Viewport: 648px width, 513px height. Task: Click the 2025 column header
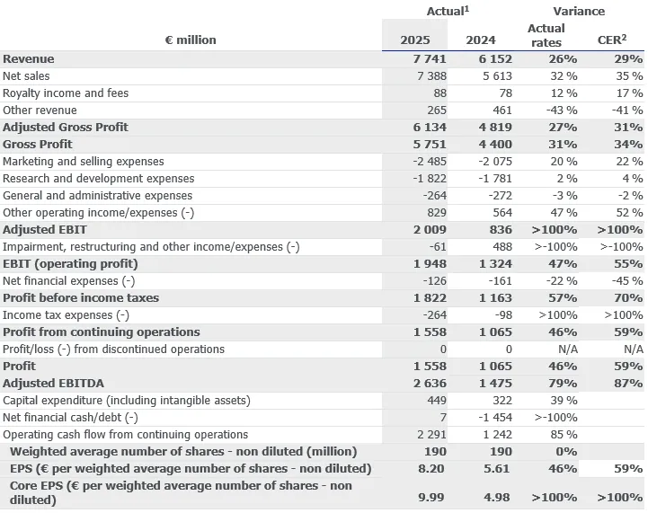[x=414, y=40]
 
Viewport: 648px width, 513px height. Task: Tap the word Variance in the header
[x=578, y=12]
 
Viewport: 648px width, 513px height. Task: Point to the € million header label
[x=191, y=40]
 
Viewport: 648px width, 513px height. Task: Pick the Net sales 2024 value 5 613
[x=494, y=76]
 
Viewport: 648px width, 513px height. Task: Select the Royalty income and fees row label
[x=66, y=93]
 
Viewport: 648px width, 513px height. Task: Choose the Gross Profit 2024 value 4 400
[x=493, y=145]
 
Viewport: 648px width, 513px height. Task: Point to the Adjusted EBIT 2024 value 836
[x=499, y=230]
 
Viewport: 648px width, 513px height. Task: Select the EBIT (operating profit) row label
[x=71, y=264]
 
